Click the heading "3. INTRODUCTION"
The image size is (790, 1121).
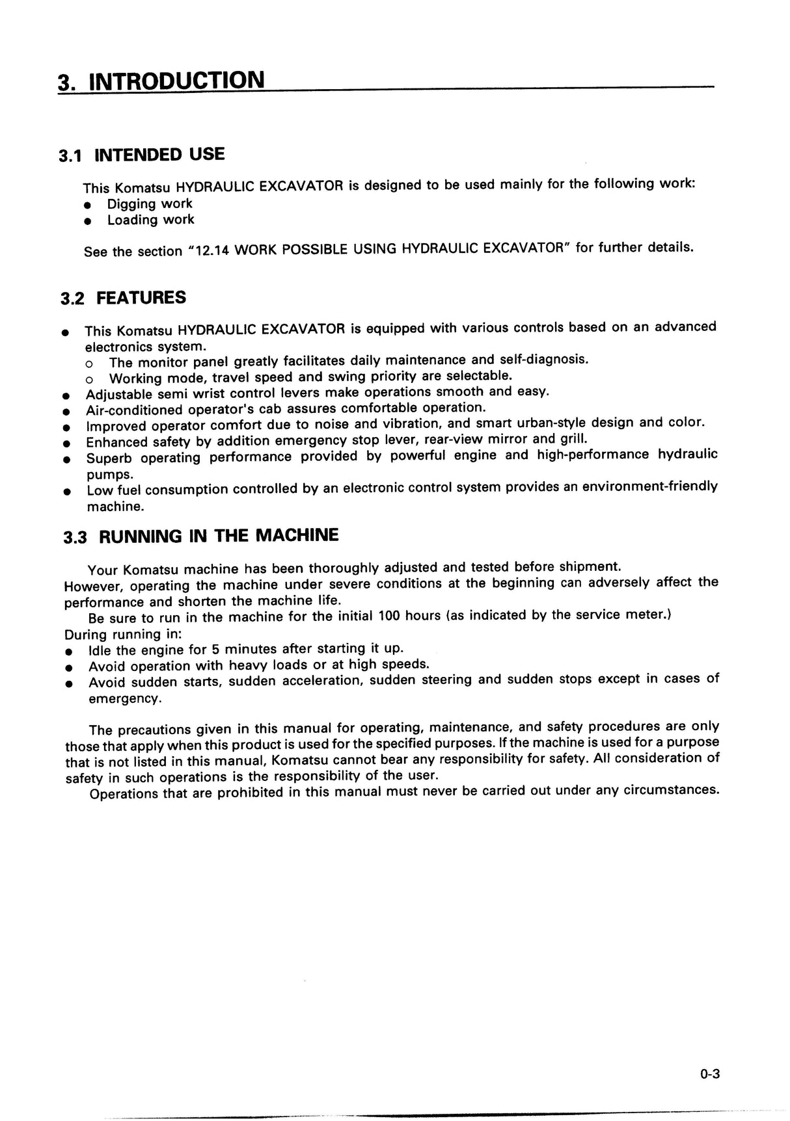[x=161, y=81]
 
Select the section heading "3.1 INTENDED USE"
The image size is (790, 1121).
[x=142, y=155]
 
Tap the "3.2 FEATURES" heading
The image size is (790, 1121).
[x=123, y=298]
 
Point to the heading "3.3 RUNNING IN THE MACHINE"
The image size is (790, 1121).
[x=201, y=536]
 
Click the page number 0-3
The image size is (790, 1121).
[x=710, y=1074]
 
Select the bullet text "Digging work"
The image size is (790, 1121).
[x=150, y=204]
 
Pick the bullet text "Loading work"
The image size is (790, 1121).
[x=150, y=220]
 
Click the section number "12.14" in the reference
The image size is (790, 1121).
[x=212, y=250]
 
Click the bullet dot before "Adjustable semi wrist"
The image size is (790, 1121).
[x=66, y=395]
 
